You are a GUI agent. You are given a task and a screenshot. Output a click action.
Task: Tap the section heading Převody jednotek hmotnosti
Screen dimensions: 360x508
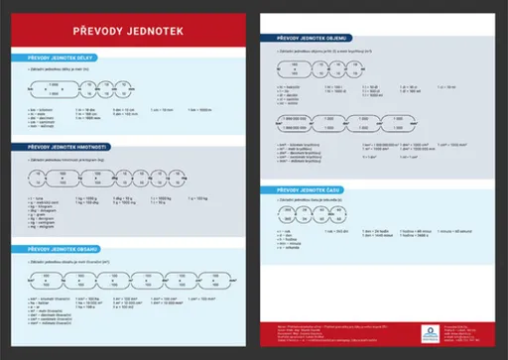click(65, 147)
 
